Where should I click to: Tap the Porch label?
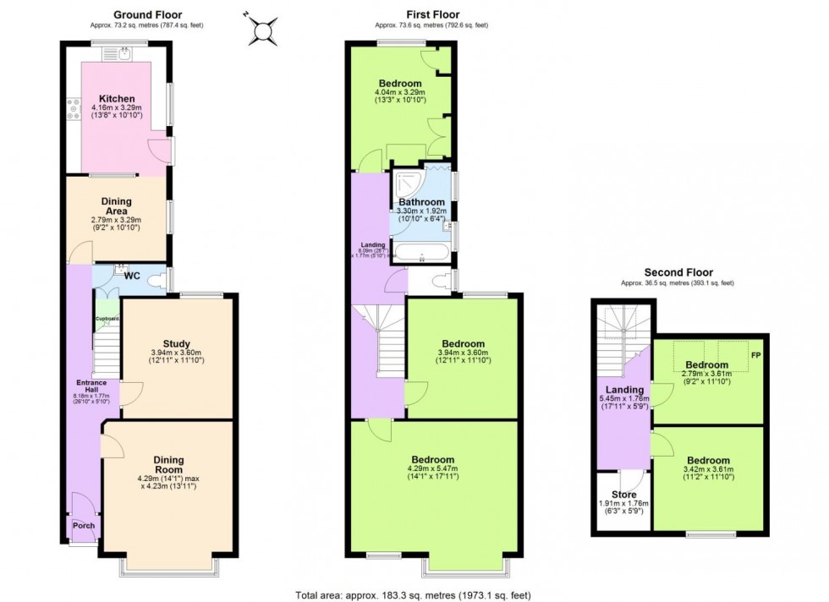(84, 525)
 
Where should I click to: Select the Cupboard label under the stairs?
(107, 319)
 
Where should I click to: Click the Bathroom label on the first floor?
(421, 202)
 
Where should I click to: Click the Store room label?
(623, 494)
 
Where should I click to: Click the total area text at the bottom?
(413, 595)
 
